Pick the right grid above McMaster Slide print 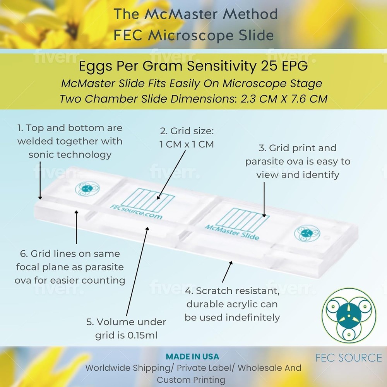242,220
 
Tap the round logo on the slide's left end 87,188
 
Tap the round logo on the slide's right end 307,233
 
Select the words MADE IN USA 192,356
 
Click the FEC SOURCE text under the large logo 349,358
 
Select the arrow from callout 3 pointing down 264,199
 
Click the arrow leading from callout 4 227,271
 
